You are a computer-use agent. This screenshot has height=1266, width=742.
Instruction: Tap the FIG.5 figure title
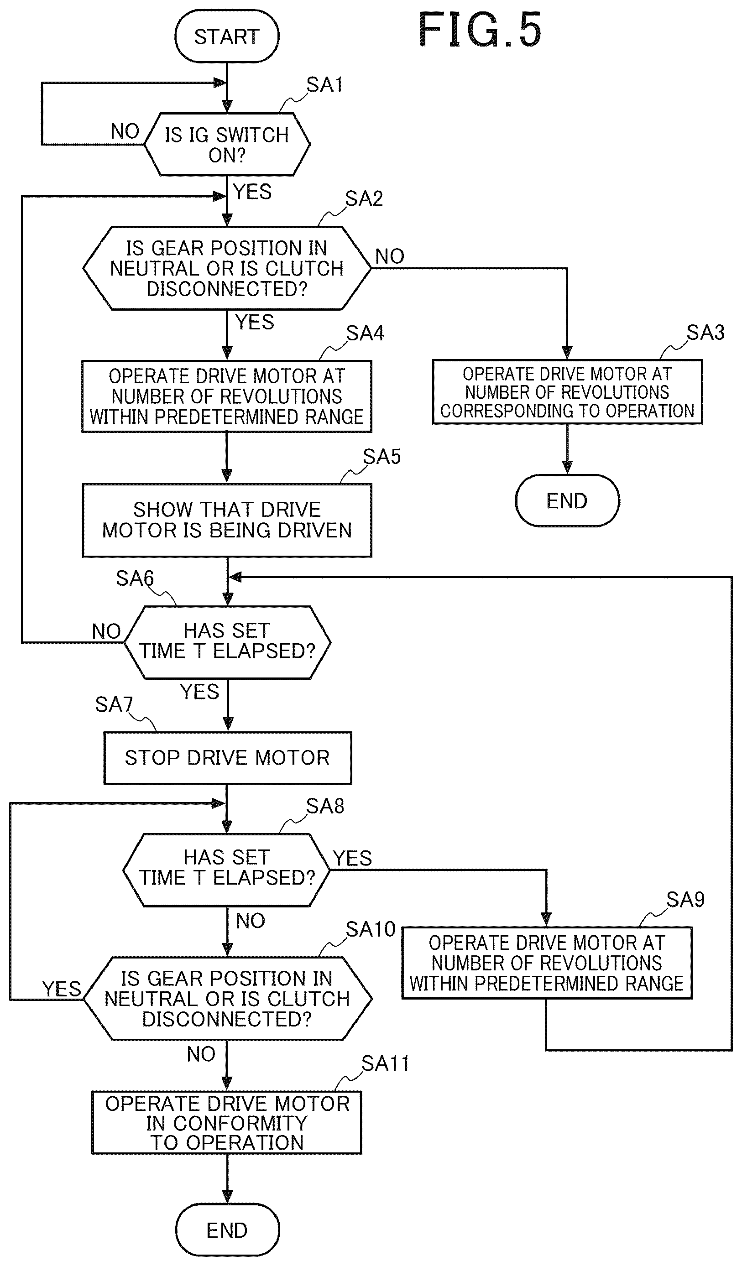pos(480,30)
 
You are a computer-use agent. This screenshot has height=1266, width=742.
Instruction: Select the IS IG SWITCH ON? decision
pos(227,144)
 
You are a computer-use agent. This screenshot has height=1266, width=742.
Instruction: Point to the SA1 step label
pos(324,85)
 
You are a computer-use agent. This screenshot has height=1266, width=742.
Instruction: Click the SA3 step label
pos(705,333)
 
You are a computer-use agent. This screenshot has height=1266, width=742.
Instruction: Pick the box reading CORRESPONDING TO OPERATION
pos(567,392)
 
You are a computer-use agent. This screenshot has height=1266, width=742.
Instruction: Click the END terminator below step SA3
pos(567,500)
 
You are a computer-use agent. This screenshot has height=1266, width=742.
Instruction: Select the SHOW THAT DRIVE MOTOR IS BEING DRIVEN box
pos(227,520)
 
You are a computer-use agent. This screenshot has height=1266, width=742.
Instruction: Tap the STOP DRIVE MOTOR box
pos(228,758)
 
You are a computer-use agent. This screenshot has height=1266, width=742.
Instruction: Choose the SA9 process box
pos(547,963)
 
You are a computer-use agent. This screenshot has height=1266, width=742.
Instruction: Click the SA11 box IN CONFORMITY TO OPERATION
pos(226,1123)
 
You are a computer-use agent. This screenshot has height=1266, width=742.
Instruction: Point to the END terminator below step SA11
pos(227,1230)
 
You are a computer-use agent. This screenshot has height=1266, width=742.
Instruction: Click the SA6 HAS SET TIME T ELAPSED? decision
pos(227,642)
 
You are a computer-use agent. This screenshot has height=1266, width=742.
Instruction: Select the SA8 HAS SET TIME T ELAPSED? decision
pos(226,869)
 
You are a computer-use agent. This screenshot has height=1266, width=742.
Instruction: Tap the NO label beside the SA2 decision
pos(389,256)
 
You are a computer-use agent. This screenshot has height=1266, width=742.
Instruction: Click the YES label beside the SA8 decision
pos(352,858)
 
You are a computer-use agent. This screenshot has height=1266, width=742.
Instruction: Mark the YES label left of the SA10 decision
pos(62,989)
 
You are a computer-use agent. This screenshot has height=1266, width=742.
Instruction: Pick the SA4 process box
pos(227,396)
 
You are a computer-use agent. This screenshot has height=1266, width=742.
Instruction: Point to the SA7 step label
pos(114,704)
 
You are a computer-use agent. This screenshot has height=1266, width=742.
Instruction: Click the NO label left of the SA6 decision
pos(106,631)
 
